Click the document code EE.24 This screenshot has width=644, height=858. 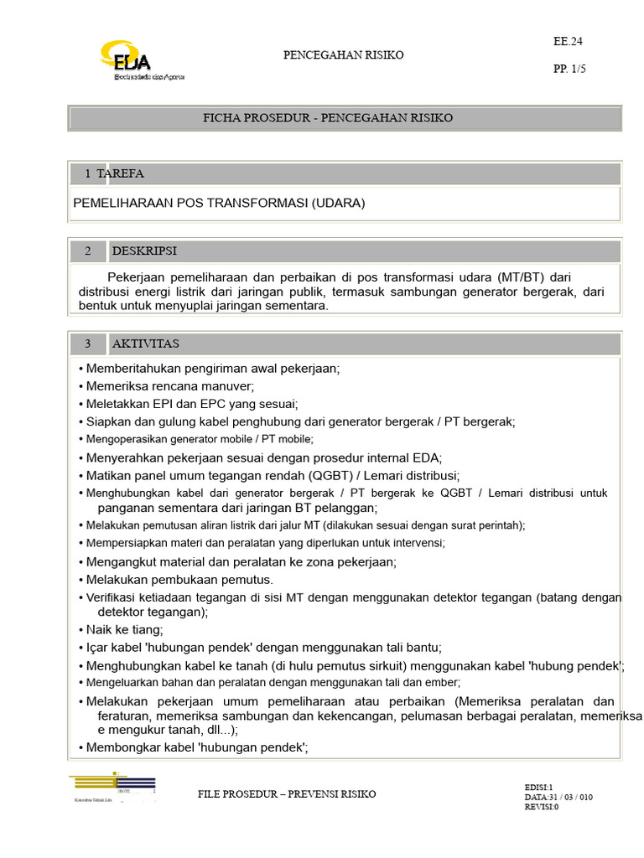click(566, 40)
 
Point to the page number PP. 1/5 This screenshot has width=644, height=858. click(569, 70)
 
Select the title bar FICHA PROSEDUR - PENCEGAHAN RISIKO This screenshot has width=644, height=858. click(328, 118)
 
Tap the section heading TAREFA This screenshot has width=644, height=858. click(120, 174)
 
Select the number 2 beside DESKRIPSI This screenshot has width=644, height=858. click(87, 251)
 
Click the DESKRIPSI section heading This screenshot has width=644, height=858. click(144, 251)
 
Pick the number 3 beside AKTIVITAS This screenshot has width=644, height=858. click(87, 344)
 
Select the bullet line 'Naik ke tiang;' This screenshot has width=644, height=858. click(125, 629)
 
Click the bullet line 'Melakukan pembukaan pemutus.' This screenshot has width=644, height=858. click(179, 579)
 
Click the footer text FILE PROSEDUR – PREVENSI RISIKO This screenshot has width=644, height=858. click(287, 793)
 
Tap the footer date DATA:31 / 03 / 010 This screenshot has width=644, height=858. click(558, 798)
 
